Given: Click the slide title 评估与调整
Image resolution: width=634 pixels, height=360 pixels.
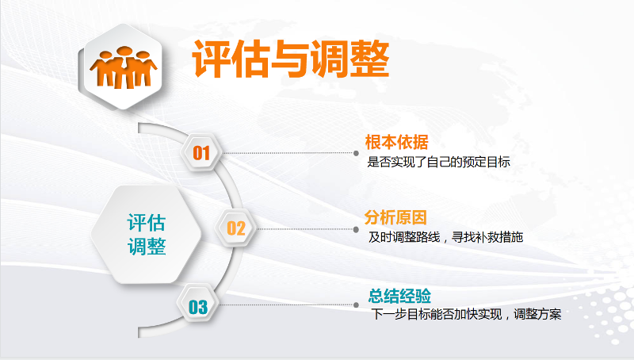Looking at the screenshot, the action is tap(291, 59).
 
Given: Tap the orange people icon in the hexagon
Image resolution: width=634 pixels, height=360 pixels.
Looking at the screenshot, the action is tap(124, 67).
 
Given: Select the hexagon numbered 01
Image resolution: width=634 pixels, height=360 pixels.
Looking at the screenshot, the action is tap(201, 153).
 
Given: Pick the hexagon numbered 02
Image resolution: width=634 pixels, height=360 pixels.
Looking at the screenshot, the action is tap(236, 228).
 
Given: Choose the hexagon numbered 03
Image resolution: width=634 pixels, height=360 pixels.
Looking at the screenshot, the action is tap(198, 307).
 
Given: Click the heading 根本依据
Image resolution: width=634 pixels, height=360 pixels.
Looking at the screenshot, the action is tap(397, 142).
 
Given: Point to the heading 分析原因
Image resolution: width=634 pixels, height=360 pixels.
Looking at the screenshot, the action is tap(395, 217).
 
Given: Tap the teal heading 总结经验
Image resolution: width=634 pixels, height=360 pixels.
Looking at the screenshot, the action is tap(399, 296).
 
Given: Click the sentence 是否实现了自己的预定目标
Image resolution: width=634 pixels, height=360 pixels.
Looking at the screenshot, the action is tap(439, 162).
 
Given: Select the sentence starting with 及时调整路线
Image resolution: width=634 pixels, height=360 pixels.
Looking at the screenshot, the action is tap(445, 237).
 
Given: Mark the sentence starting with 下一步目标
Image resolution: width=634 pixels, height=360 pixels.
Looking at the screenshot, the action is tap(467, 314).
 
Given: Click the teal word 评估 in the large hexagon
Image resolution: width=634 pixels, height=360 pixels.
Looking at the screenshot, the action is tap(147, 223).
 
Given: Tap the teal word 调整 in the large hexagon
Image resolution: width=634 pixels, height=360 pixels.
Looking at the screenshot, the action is tap(147, 247).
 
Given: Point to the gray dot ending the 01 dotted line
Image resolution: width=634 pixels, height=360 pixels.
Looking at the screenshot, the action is tap(356, 153).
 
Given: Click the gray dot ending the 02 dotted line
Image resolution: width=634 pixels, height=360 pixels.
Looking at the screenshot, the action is tap(356, 229).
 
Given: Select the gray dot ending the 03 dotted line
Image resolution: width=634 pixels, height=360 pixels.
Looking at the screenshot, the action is tap(356, 305).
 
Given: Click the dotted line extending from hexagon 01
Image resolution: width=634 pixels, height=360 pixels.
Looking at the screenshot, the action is tap(288, 153).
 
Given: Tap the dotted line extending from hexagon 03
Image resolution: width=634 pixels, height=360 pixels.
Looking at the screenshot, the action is tap(286, 305).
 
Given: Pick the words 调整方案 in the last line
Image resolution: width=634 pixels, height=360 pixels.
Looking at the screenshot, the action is tap(537, 314).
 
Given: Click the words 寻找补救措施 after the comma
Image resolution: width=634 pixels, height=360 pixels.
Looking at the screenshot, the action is tap(487, 237).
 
